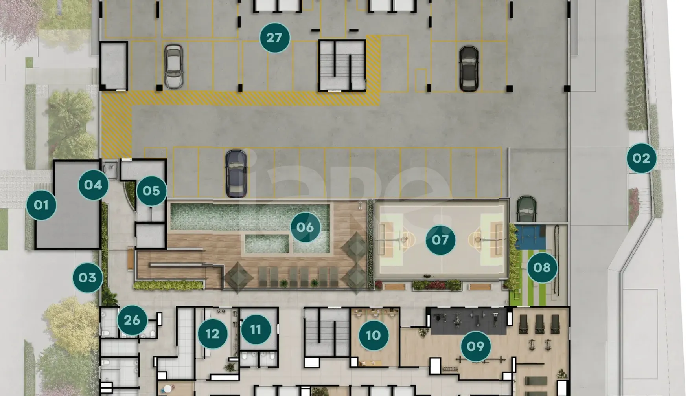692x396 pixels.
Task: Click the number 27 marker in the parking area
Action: [275, 38]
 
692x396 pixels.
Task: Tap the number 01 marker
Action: [41, 205]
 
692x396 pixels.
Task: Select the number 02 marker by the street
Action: [642, 158]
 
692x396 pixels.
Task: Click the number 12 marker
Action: [212, 334]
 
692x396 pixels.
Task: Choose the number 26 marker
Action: [132, 320]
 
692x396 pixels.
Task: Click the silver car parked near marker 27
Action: [173, 66]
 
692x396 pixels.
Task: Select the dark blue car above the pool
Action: [236, 174]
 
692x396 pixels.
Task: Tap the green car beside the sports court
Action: [526, 209]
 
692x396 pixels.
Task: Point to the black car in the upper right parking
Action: [469, 69]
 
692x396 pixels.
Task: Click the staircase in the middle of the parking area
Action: [342, 65]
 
